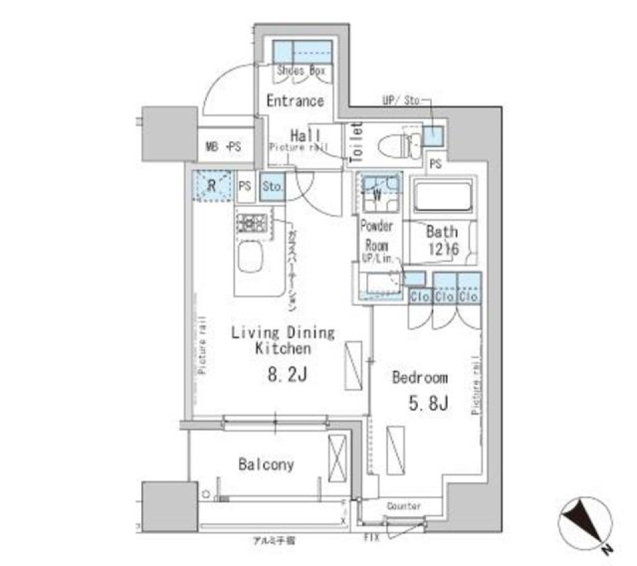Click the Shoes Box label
(301, 70)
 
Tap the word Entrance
(295, 101)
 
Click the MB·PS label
(223, 146)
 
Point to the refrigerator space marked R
(212, 184)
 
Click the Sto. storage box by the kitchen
(273, 187)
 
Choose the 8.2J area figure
(287, 375)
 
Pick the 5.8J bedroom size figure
(425, 404)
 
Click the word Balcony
(266, 465)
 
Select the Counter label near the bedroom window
(403, 506)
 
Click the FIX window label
(372, 538)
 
